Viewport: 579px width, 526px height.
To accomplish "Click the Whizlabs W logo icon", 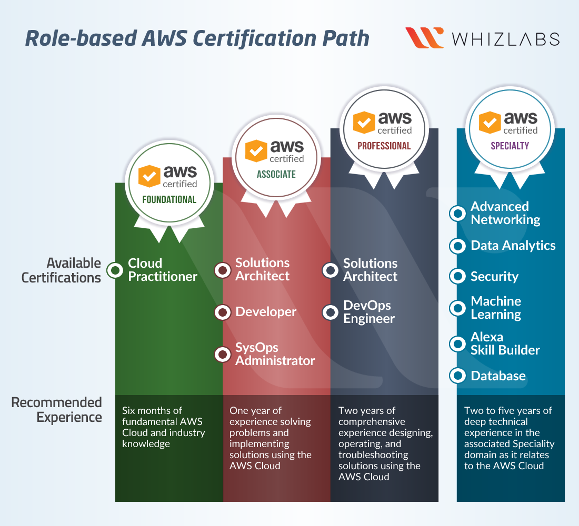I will [x=425, y=38].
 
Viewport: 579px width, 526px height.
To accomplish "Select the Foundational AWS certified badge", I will [x=169, y=181].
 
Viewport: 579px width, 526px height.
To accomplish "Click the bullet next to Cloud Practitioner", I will [x=115, y=270].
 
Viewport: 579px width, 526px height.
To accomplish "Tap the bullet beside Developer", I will [x=223, y=312].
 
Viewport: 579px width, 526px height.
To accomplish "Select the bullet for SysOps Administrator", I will [x=223, y=354].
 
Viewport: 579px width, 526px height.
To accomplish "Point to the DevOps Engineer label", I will [x=369, y=312].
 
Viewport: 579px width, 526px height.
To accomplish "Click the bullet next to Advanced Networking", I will [x=458, y=213].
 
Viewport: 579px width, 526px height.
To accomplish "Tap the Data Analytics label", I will [x=513, y=246].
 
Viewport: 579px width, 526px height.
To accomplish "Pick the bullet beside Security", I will [x=458, y=276].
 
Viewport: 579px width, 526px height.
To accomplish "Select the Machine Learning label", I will [x=496, y=308].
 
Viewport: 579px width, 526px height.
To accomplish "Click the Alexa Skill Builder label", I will [x=505, y=343].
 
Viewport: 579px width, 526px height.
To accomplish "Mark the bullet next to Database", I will [x=458, y=376].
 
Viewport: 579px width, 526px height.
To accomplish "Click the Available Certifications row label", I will [x=61, y=270].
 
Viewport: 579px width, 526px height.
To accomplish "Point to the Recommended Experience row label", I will [x=56, y=410].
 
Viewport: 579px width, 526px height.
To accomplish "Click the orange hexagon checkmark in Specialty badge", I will [x=490, y=123].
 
